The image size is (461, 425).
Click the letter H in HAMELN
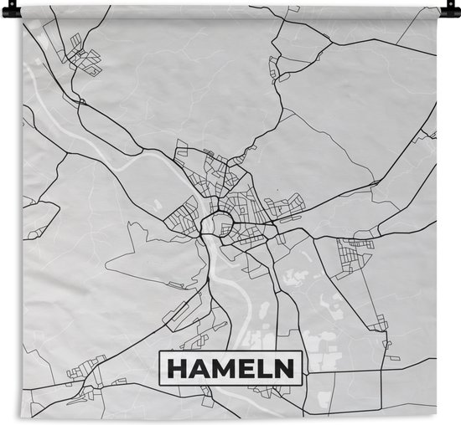click(177, 368)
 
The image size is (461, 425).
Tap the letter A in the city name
click(198, 368)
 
